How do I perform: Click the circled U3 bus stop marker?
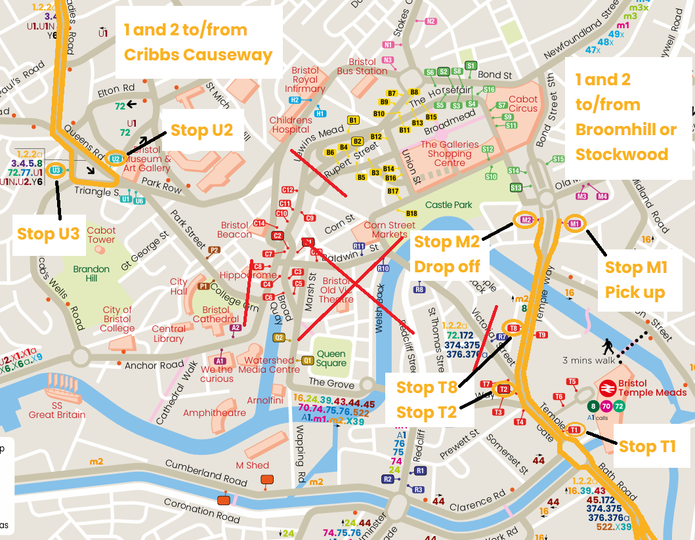(x=56, y=171)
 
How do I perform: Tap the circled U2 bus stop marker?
(x=116, y=159)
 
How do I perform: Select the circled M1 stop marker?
(x=575, y=224)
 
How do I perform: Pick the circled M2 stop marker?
(x=526, y=220)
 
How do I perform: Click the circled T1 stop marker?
(x=574, y=429)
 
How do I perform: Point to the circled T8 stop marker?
(x=513, y=327)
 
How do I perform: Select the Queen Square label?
(x=331, y=358)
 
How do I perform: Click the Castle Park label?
(x=448, y=205)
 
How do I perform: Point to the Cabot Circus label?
(x=523, y=104)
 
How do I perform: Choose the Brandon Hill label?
(x=91, y=274)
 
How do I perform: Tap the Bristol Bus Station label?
(x=362, y=66)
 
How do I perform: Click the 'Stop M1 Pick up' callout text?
(x=635, y=280)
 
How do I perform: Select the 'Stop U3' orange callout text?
(x=48, y=234)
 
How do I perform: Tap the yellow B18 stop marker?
(x=411, y=214)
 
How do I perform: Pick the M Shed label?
(x=253, y=465)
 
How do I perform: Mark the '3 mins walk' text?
(x=588, y=360)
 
